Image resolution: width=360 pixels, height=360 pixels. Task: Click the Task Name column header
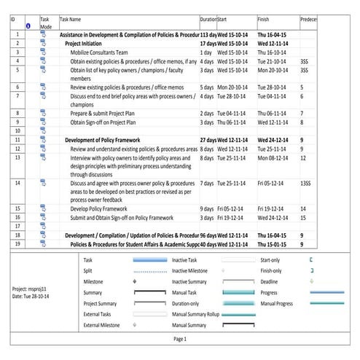pos(70,19)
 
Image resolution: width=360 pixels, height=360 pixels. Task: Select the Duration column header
pos(208,19)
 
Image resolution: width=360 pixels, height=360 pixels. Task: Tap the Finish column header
pos(265,19)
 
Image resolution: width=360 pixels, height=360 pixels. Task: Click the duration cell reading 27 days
pos(208,139)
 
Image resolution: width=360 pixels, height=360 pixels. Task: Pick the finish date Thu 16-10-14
pos(272,52)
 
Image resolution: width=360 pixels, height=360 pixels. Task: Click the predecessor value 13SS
pos(305,184)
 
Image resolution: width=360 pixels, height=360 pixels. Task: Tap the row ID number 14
pos(17,184)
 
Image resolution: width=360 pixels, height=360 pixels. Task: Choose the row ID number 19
pos(17,244)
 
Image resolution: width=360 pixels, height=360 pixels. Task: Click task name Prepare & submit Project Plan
pos(112,114)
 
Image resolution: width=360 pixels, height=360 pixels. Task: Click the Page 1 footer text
pos(179,339)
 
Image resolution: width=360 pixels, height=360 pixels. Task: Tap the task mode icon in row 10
pos(43,131)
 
